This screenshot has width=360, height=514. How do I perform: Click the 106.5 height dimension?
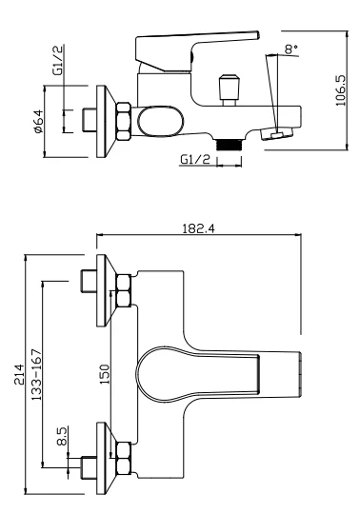[x=341, y=90]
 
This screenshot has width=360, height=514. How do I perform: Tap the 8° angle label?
[x=291, y=49]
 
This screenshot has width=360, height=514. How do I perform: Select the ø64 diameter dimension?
[x=38, y=121]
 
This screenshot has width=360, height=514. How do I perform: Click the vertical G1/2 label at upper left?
[x=58, y=61]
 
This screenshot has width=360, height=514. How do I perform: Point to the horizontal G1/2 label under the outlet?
[x=195, y=160]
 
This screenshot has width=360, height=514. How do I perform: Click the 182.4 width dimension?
[x=199, y=228]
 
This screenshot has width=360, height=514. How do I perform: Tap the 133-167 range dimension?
[x=37, y=374]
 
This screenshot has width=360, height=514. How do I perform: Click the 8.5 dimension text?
[x=62, y=436]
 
